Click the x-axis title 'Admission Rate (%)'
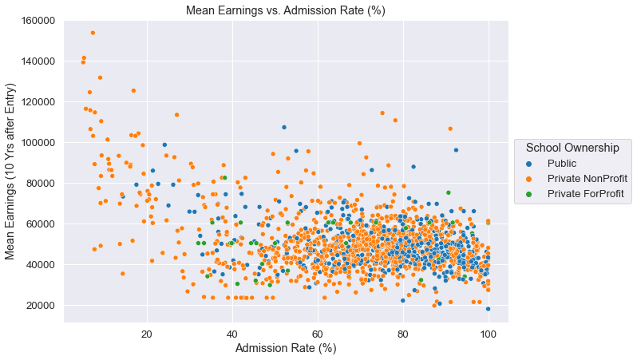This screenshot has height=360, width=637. coord(285,348)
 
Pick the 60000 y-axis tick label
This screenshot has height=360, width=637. coord(41,224)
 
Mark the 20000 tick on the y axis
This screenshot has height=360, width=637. coord(41,305)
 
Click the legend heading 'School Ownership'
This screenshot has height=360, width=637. coord(572,148)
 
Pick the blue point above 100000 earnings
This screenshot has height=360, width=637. coord(283,127)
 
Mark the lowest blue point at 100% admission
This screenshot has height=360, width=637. coord(488,309)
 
